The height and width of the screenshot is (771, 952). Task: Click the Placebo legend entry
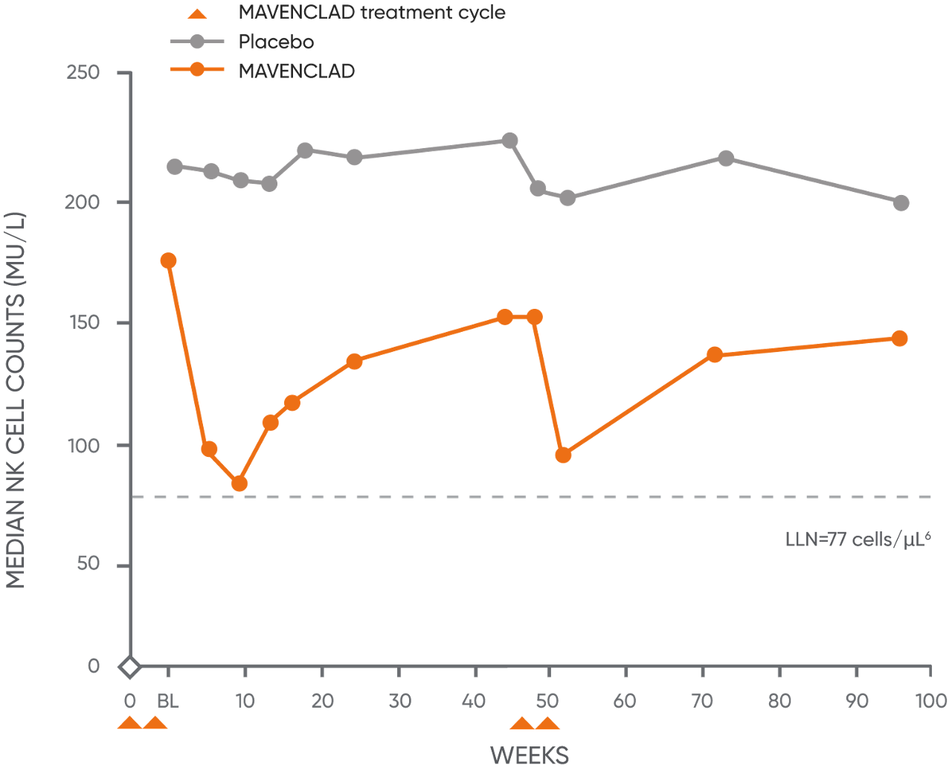pyautogui.click(x=275, y=42)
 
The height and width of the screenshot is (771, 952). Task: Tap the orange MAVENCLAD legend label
pyautogui.click(x=296, y=71)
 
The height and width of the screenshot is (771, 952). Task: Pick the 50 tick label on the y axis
pyautogui.click(x=87, y=563)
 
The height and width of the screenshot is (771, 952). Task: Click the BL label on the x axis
pyautogui.click(x=168, y=701)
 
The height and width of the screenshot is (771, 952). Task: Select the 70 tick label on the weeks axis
pyautogui.click(x=702, y=701)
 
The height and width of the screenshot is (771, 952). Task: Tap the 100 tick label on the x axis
pyautogui.click(x=931, y=701)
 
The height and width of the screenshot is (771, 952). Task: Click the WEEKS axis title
pyautogui.click(x=530, y=755)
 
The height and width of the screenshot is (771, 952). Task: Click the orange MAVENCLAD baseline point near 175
pyautogui.click(x=168, y=260)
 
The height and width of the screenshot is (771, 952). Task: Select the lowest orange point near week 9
pyautogui.click(x=239, y=484)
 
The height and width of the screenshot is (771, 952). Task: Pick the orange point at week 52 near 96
pyautogui.click(x=563, y=455)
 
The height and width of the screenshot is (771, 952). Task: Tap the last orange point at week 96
pyautogui.click(x=899, y=339)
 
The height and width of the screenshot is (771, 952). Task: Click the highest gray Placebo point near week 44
pyautogui.click(x=509, y=141)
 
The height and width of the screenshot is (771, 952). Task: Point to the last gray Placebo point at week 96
pyautogui.click(x=901, y=203)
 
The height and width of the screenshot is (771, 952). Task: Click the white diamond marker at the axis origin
pyautogui.click(x=129, y=667)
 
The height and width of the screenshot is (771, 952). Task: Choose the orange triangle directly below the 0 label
pyautogui.click(x=130, y=723)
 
